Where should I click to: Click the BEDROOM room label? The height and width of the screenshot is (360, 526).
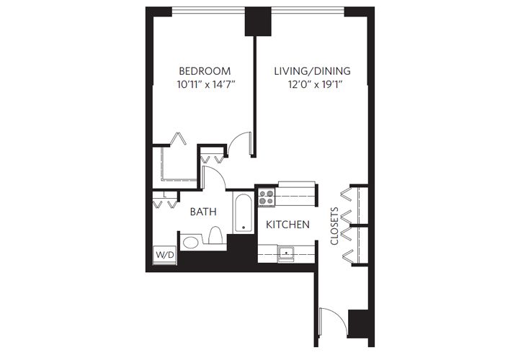pyautogui.click(x=205, y=71)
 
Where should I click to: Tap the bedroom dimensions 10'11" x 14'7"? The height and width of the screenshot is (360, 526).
pyautogui.click(x=205, y=84)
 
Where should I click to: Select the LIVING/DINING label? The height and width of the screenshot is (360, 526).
pyautogui.click(x=312, y=71)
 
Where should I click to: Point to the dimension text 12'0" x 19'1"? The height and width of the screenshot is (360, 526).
pyautogui.click(x=312, y=84)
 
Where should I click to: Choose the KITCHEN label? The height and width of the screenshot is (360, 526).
pyautogui.click(x=287, y=225)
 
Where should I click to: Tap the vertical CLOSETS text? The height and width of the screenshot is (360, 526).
pyautogui.click(x=335, y=227)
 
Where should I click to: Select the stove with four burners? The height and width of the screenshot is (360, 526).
pyautogui.click(x=267, y=197)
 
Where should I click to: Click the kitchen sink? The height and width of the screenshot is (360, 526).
pyautogui.click(x=285, y=253)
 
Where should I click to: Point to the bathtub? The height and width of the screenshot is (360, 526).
pyautogui.click(x=244, y=213)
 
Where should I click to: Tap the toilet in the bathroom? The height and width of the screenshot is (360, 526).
pyautogui.click(x=215, y=237)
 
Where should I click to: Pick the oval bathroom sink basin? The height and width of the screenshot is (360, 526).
pyautogui.click(x=190, y=243)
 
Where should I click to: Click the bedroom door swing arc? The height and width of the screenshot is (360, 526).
pyautogui.click(x=241, y=141)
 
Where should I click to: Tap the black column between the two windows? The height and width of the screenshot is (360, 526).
pyautogui.click(x=256, y=21)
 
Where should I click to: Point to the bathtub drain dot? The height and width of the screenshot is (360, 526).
pyautogui.click(x=244, y=228)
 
